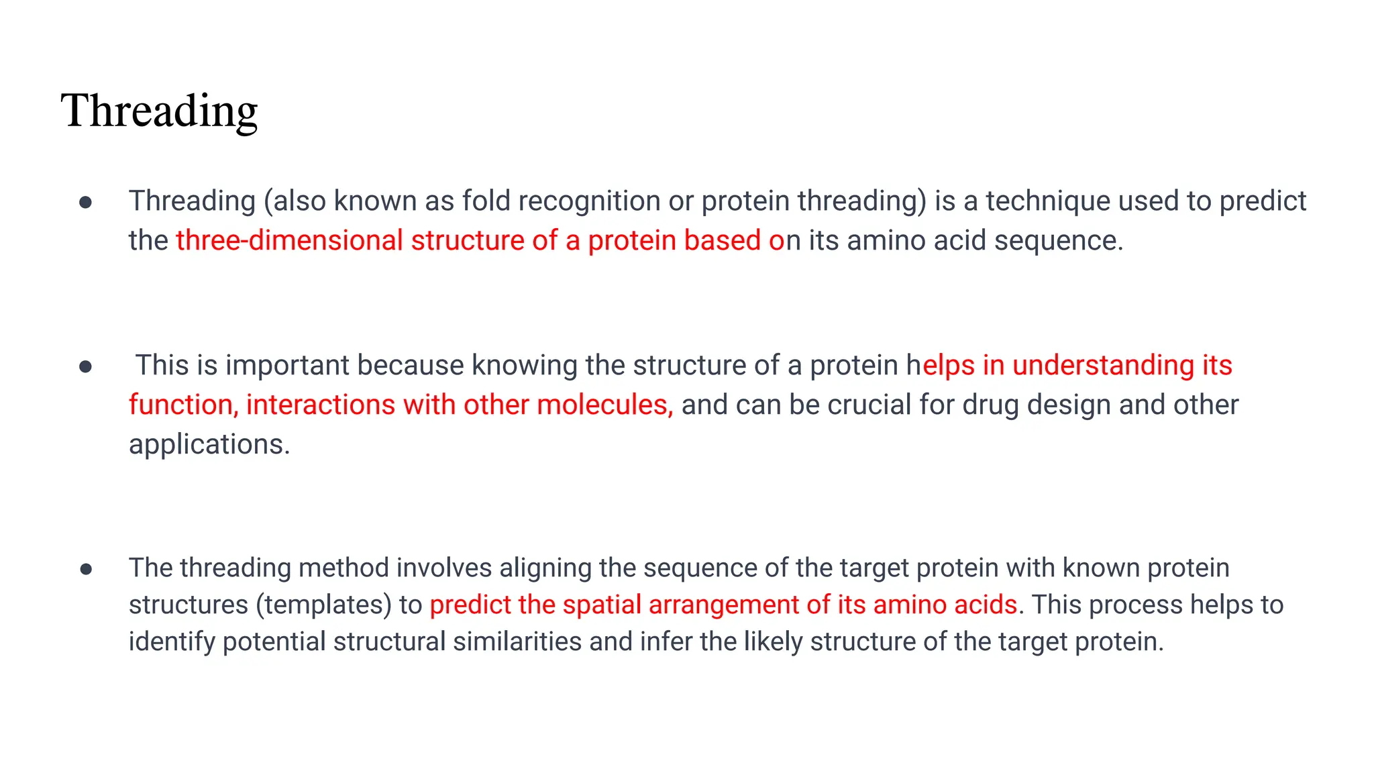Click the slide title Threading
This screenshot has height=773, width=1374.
(x=159, y=111)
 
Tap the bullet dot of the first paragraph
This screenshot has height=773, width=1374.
(x=85, y=202)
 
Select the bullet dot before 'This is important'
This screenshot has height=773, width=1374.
(x=85, y=366)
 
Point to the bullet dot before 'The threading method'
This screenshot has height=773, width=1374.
(x=85, y=570)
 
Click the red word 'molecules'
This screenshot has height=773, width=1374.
(x=604, y=405)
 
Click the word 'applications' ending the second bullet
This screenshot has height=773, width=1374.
(x=209, y=445)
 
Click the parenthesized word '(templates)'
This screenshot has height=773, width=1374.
(x=324, y=605)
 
